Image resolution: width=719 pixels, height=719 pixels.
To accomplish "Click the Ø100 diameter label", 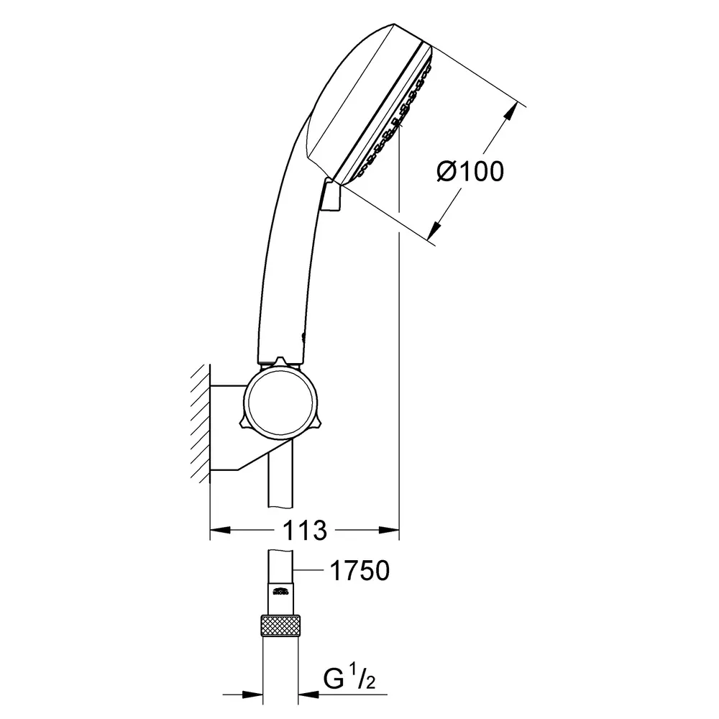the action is point(470,172).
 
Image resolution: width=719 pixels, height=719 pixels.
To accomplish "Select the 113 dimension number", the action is point(304,531).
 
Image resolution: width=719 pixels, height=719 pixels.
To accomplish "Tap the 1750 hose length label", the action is point(360,570).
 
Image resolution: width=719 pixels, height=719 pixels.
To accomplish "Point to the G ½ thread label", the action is point(349,679).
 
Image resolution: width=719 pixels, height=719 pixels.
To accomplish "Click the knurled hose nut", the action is point(280,626).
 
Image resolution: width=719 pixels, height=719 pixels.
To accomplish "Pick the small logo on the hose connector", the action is point(280,590).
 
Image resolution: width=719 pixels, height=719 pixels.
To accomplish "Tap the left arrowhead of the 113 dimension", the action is point(220,531).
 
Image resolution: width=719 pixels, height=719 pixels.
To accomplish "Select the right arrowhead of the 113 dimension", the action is point(389,531).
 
